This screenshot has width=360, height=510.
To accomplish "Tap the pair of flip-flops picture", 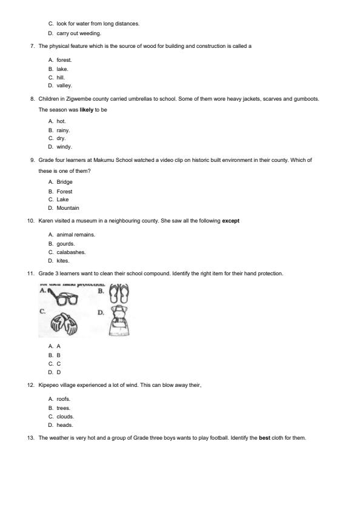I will click(119, 294).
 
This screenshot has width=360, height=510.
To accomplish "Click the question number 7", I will click(32, 46).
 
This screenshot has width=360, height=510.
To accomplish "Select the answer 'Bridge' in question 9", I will click(64, 182).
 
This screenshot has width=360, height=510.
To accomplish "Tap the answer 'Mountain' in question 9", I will click(68, 208).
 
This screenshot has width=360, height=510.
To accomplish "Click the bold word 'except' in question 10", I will click(230, 221).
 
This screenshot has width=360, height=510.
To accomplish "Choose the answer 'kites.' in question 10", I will click(63, 261).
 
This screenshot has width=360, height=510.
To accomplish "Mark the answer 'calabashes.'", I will click(71, 252).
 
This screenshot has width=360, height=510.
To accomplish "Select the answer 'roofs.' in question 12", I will click(64, 399).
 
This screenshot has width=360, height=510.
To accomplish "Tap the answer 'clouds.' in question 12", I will click(65, 417).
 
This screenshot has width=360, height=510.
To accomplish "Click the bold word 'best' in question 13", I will click(264, 438).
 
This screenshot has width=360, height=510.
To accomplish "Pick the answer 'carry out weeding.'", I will click(79, 33).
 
